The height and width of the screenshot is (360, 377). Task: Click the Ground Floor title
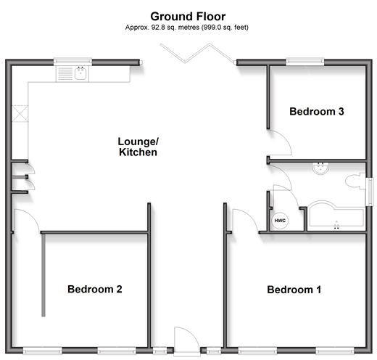[x=188, y=17]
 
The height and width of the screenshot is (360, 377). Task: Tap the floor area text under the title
[x=187, y=28]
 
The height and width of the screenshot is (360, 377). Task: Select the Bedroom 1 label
[x=294, y=290]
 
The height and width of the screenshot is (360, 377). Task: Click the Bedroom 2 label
[x=95, y=289]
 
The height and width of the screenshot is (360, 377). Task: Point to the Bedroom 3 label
[x=317, y=112]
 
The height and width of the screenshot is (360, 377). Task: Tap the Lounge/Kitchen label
[x=138, y=147]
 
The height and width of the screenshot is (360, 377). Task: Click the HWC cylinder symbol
[x=280, y=221]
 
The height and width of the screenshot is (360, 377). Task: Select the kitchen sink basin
[x=80, y=73]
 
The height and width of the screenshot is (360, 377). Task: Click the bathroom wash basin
[x=320, y=168]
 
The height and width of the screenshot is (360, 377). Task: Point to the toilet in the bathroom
[x=355, y=181]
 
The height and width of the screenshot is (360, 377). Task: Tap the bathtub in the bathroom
[x=336, y=216]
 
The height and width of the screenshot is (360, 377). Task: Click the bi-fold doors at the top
[x=198, y=54]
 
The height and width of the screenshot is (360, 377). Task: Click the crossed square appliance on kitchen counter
[x=20, y=114]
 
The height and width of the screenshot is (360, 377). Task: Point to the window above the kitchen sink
[x=72, y=62]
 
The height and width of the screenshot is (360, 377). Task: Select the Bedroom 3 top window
[x=305, y=62]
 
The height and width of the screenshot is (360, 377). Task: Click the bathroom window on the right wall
[x=369, y=192]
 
